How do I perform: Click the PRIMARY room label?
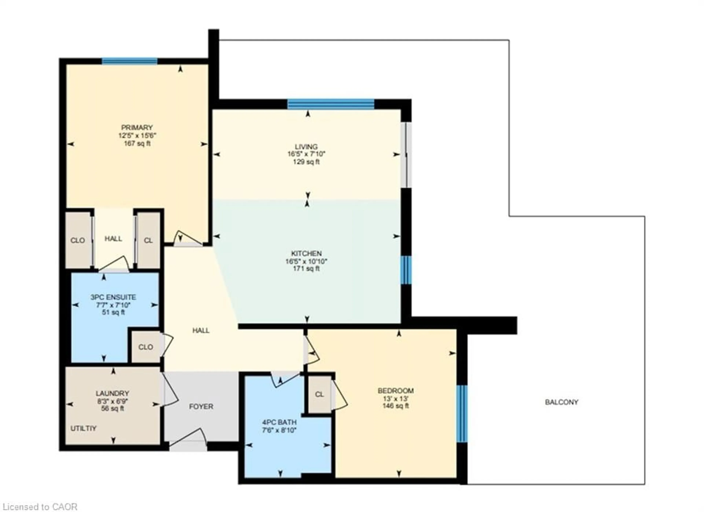tap(137, 127)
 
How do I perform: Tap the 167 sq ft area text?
tap(137, 144)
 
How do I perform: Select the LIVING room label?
tap(306, 146)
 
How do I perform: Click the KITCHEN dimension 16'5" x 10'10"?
tap(306, 261)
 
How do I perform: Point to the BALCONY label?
tap(562, 402)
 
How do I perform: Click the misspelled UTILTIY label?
tap(83, 428)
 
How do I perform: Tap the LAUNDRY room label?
tap(112, 393)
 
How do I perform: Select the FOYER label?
tap(201, 406)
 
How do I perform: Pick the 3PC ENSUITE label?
tap(113, 297)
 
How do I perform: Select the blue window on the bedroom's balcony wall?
tap(462, 413)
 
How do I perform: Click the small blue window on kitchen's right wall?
tap(406, 270)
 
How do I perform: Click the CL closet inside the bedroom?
tap(319, 394)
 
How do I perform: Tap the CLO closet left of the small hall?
tap(78, 240)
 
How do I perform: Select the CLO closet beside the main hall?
tap(145, 347)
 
